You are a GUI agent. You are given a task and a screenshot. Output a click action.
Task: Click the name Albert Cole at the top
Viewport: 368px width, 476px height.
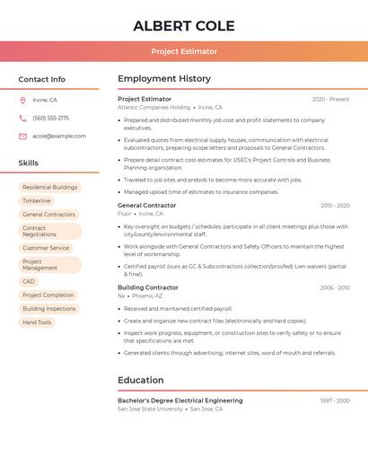point(184,26)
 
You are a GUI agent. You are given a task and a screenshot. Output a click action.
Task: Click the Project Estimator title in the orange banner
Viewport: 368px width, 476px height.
point(184,51)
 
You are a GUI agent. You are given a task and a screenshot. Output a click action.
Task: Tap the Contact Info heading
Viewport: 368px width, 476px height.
point(41,79)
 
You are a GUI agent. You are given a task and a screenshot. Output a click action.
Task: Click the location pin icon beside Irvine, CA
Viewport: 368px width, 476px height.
point(22,100)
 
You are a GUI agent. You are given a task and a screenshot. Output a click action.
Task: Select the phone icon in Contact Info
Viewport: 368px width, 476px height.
point(22,118)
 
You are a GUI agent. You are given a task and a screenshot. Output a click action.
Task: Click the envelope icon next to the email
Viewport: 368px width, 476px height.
point(22,136)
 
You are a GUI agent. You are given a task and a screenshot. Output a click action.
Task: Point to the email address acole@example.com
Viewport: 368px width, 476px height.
point(59,136)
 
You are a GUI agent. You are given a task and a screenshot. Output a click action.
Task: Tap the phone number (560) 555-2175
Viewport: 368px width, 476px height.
point(50,118)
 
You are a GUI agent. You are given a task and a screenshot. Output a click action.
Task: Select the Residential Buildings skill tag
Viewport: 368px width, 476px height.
point(50,187)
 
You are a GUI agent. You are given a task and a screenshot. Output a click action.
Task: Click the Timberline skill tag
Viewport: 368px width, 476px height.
point(37,200)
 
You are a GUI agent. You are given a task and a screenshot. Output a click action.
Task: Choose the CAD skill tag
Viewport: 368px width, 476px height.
point(29,281)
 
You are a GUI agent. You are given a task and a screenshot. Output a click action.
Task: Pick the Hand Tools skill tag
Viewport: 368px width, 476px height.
point(37,322)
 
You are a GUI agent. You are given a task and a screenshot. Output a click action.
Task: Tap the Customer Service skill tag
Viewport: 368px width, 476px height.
point(46,248)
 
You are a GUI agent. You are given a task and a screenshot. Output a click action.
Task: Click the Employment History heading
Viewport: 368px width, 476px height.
point(164,79)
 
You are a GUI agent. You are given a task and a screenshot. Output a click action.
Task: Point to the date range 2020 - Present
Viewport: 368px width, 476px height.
point(330,99)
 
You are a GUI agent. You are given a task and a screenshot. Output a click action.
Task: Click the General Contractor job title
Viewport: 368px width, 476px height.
point(147,205)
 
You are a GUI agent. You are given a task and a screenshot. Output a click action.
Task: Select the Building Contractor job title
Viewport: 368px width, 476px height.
point(148,287)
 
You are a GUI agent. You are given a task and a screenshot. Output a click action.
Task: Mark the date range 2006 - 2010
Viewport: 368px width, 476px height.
point(335,287)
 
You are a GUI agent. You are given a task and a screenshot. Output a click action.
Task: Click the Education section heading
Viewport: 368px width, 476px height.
point(141,380)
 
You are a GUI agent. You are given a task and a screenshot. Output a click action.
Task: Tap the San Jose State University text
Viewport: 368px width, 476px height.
point(150,409)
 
